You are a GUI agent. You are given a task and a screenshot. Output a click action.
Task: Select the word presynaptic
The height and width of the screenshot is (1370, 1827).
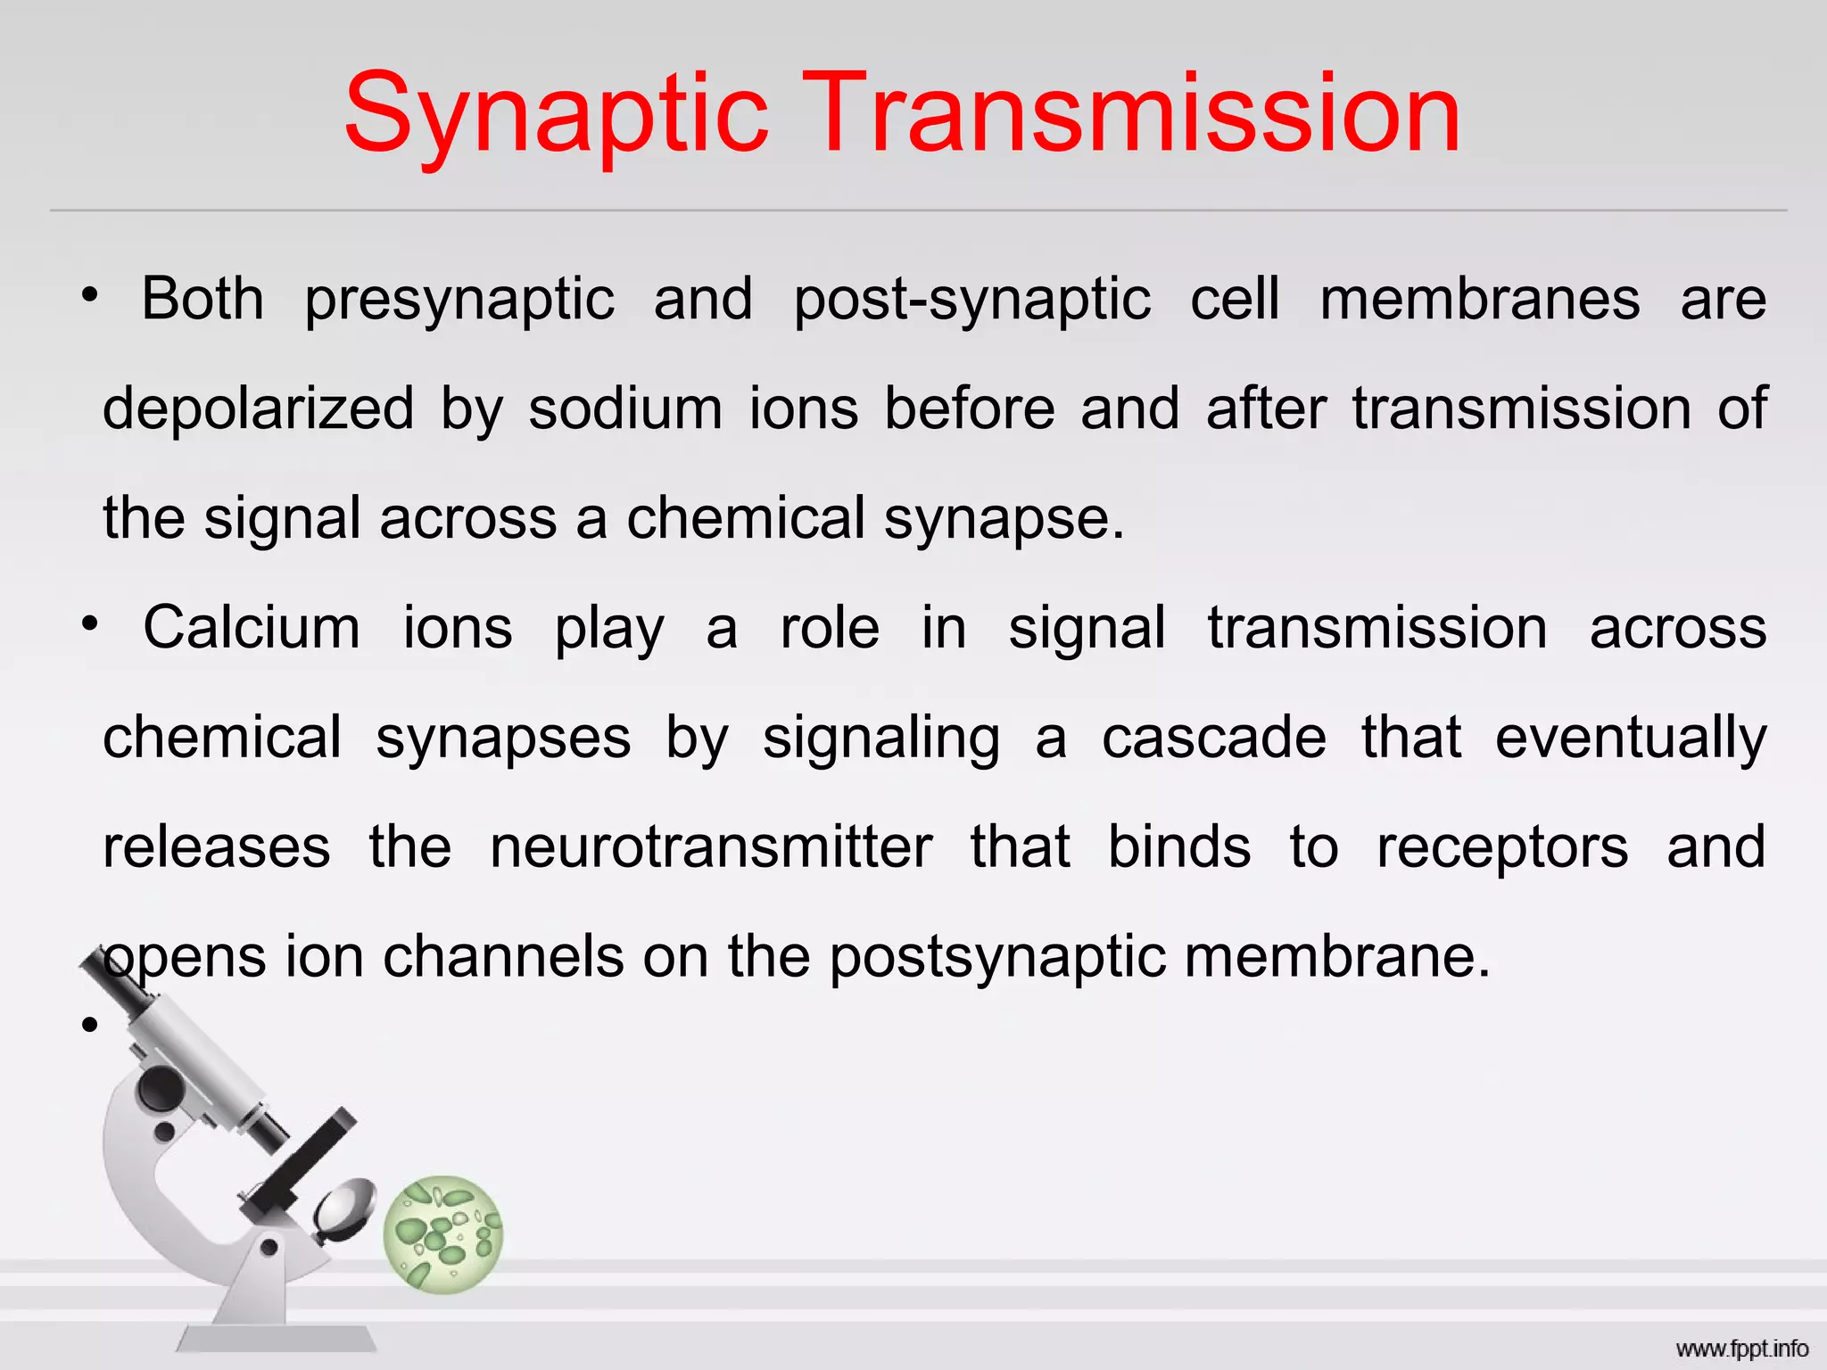pos(459,300)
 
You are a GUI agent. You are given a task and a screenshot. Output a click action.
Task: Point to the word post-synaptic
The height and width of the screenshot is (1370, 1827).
pos(971,300)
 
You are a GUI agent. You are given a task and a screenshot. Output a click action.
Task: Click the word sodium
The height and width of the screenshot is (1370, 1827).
pos(624,409)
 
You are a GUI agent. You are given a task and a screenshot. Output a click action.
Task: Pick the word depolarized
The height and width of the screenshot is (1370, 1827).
pos(258,410)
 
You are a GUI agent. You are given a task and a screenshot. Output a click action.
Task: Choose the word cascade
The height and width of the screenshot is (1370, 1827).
pos(1213,738)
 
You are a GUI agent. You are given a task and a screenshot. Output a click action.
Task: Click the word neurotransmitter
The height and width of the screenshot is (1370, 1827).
pos(711,846)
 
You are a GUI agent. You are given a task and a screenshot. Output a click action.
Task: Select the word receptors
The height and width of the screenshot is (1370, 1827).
pos(1502,848)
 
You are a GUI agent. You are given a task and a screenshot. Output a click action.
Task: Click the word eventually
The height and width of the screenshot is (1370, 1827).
pos(1630,739)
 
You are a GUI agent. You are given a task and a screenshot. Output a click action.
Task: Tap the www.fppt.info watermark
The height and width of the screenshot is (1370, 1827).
pos(1741,1348)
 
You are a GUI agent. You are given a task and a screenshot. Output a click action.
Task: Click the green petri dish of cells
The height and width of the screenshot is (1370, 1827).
pos(443,1234)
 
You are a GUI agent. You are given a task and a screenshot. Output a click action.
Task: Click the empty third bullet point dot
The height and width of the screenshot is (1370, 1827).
pos(88,1026)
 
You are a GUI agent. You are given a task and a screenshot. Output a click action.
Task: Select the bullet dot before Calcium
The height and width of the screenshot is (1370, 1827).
pos(88,623)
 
